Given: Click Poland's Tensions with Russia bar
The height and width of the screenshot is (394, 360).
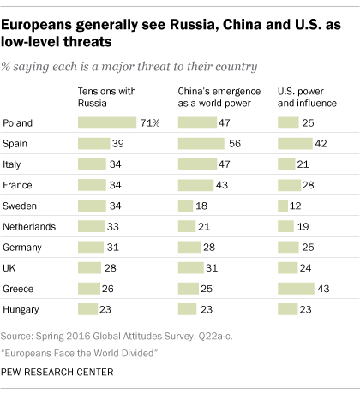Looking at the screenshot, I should (x=107, y=123).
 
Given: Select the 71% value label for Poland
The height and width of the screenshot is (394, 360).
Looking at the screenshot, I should (x=151, y=123).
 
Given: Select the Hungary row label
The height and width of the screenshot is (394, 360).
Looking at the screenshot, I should (x=24, y=308).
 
